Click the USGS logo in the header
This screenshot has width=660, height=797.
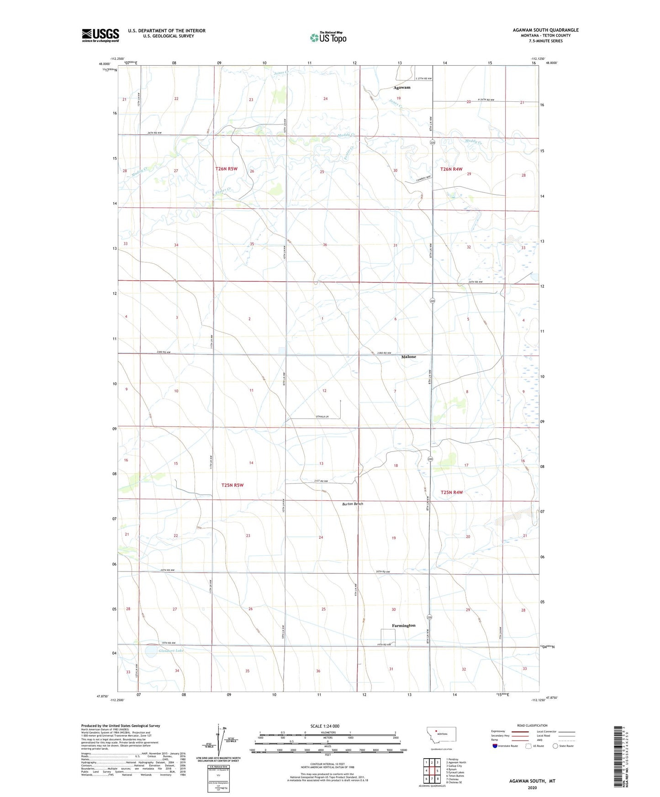(100, 35)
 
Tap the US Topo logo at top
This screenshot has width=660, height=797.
(328, 37)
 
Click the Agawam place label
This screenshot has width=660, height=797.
(402, 87)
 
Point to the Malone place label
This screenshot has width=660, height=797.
(408, 357)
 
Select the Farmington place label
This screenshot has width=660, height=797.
(404, 625)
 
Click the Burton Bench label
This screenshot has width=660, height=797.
(353, 504)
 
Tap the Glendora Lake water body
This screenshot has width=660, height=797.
(152, 651)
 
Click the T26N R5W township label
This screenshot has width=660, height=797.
(227, 169)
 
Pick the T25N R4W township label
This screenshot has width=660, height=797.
(452, 492)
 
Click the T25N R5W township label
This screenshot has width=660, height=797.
(232, 485)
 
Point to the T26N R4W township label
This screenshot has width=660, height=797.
(451, 169)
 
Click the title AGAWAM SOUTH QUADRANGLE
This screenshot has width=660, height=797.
(545, 30)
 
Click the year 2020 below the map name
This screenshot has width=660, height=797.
(532, 787)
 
